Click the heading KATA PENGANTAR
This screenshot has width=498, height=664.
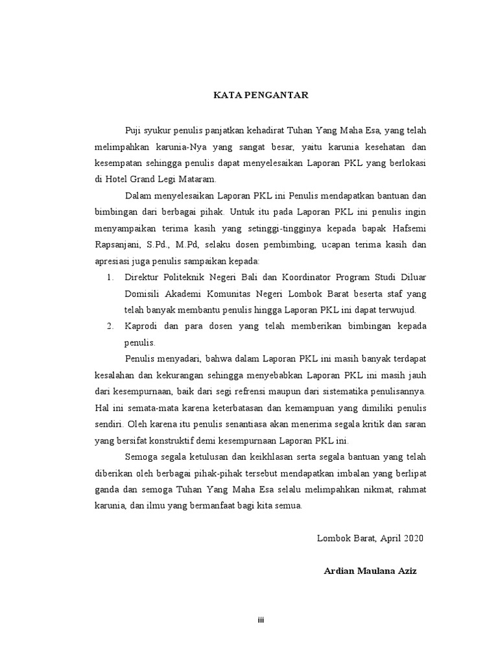pos(262,95)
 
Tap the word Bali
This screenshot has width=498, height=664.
pos(258,277)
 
